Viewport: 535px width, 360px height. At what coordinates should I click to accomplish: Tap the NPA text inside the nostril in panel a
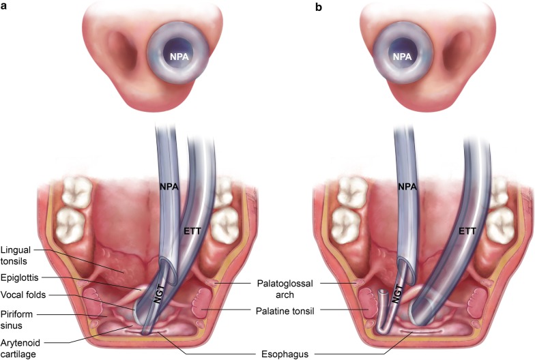click(x=180, y=57)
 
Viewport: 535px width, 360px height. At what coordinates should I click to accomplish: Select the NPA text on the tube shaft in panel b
click(x=407, y=186)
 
